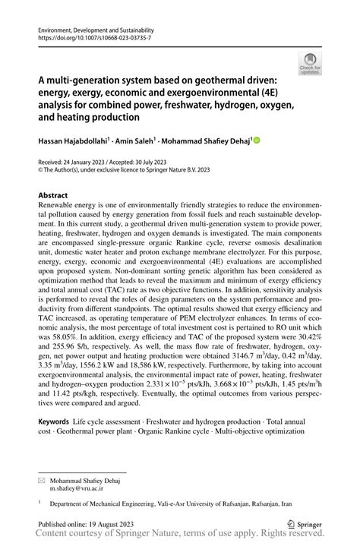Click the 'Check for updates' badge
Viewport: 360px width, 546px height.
coord(311,63)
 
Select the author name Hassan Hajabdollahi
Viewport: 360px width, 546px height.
coord(74,140)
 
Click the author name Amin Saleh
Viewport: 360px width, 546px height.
coord(137,140)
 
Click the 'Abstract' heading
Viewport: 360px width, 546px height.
coord(56,195)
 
